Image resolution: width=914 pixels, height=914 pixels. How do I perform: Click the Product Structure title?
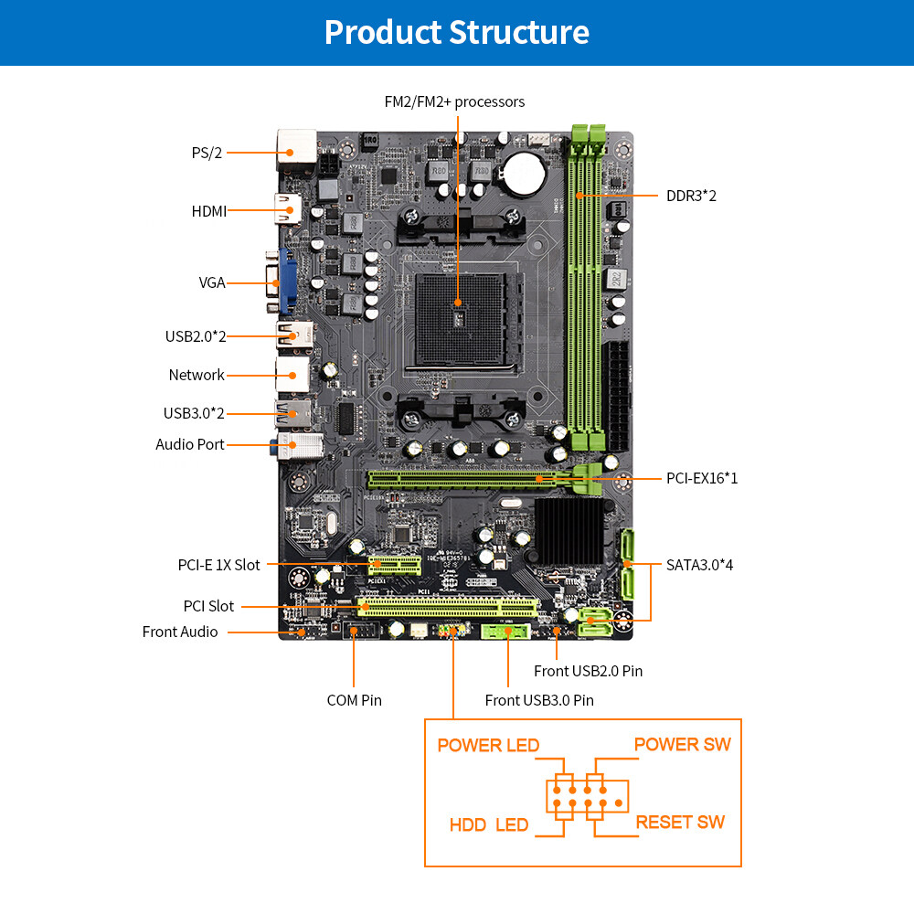456,32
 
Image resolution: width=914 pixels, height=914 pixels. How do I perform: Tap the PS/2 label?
207,153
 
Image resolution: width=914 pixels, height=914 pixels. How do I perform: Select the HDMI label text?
208,211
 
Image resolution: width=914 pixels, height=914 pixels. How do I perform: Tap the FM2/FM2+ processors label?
454,101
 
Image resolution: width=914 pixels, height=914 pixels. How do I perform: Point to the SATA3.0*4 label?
700,565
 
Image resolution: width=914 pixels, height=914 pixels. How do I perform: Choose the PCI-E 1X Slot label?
218,565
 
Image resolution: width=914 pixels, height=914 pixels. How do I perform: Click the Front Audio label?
180,632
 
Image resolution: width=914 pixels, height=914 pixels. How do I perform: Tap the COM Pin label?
355,700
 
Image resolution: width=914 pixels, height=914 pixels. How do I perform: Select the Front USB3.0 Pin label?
539,700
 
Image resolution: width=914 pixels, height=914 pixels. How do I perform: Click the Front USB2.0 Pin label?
588,671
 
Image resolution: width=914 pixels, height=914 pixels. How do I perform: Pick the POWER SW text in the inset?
683,744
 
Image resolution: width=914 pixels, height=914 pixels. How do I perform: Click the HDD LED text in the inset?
489,824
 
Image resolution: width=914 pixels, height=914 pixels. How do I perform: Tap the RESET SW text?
680,822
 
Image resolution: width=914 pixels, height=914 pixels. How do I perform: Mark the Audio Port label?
190,444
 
